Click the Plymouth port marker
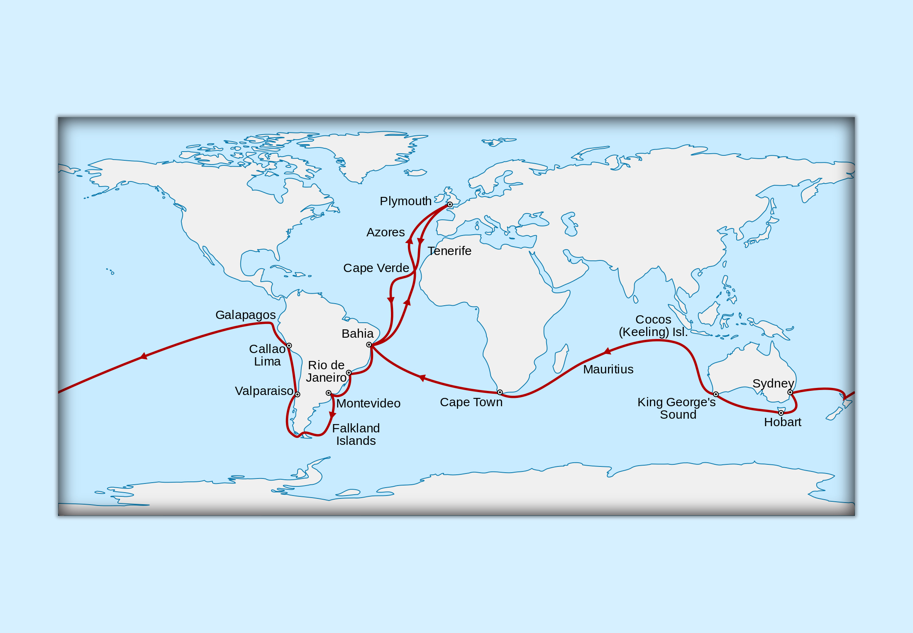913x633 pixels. (450, 204)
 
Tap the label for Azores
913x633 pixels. (386, 232)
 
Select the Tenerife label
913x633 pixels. (449, 251)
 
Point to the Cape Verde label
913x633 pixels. (376, 268)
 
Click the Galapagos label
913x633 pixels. (245, 315)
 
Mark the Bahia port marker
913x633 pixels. (369, 345)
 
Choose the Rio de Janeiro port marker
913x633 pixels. (349, 373)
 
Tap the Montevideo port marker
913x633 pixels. (329, 393)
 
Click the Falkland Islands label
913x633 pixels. (356, 434)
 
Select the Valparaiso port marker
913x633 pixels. (298, 395)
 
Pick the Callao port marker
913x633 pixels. (289, 346)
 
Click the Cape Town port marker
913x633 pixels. (500, 393)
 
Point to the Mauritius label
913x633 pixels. (608, 369)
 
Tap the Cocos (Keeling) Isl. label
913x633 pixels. (653, 326)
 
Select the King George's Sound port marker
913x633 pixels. (716, 394)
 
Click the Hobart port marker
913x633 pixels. (781, 413)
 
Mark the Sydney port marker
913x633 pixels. (790, 393)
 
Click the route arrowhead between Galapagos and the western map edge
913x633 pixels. (144, 356)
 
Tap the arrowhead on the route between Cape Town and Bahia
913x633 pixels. (422, 378)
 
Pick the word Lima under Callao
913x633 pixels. (267, 361)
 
